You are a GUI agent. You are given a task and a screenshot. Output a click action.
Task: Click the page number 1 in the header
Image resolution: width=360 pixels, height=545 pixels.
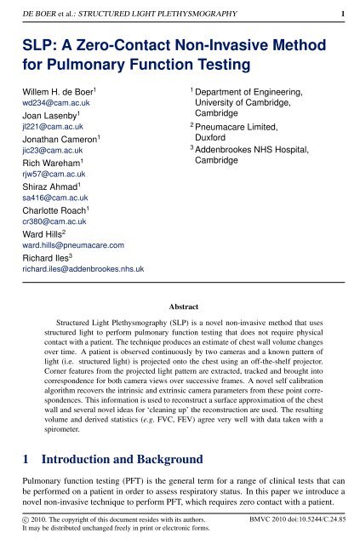pos(342,14)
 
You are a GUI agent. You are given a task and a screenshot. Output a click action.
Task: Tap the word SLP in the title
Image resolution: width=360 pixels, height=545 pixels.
pos(37,42)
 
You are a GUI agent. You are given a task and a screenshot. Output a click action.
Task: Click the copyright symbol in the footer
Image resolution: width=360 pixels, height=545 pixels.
pos(24,518)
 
